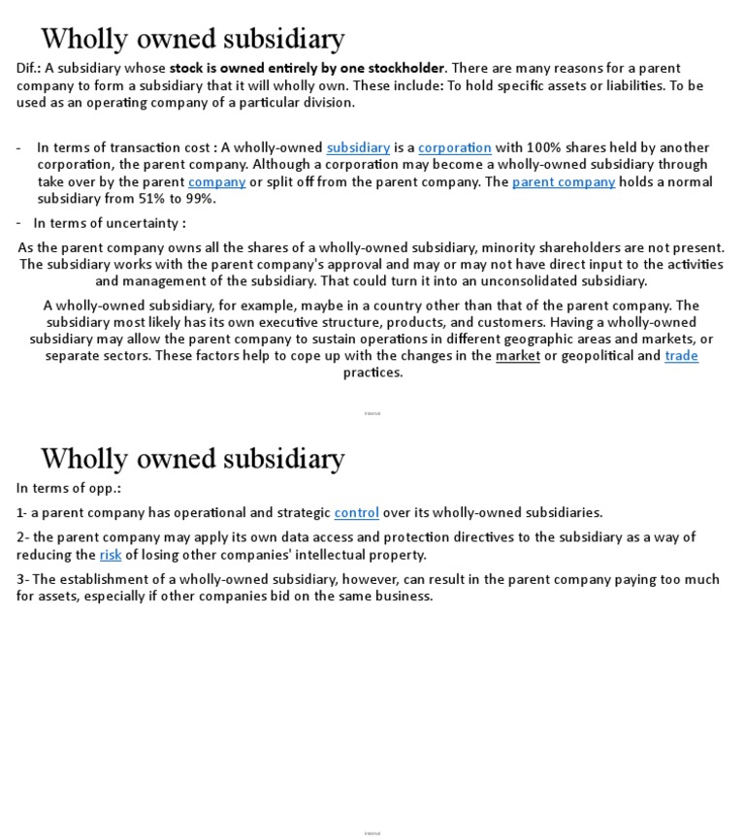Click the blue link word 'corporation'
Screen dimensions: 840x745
[455, 147]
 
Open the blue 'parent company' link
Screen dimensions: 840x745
[563, 181]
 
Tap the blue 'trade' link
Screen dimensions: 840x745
[681, 355]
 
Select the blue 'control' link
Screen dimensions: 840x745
[356, 512]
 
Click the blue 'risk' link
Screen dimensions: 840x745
[111, 555]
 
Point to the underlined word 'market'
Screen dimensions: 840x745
[517, 355]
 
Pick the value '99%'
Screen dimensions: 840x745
[199, 199]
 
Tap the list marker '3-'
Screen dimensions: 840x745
[23, 579]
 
